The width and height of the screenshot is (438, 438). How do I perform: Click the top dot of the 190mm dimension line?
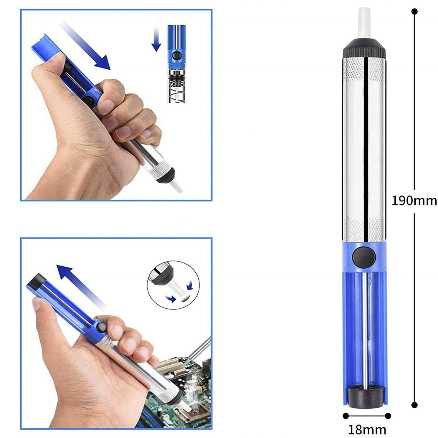414,12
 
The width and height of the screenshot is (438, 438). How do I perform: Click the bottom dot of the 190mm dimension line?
414,405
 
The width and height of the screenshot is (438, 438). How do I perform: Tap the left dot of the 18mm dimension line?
346,416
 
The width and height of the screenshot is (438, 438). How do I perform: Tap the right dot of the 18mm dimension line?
388,416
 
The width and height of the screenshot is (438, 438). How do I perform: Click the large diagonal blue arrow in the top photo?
85,47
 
